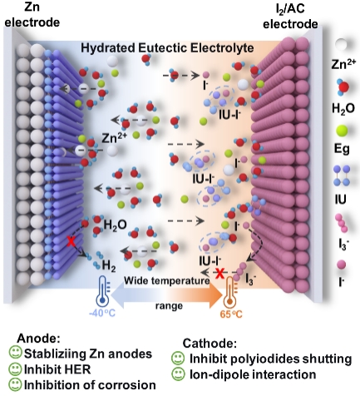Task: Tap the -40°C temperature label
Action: tap(102, 314)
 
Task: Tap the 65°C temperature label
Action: tap(231, 314)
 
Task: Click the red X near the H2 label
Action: tap(72, 241)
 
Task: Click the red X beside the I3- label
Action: tap(219, 274)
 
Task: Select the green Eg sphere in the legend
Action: tap(342, 131)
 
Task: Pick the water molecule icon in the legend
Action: tap(343, 87)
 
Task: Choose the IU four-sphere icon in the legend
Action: tap(342, 176)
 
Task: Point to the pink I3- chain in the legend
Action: tap(342, 223)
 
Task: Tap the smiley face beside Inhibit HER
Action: tap(15, 369)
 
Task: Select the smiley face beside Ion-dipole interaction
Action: tap(178, 374)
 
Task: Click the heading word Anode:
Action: tap(38, 339)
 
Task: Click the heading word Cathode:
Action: tap(210, 344)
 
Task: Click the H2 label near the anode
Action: tap(109, 265)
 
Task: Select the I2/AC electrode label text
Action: tap(290, 16)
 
